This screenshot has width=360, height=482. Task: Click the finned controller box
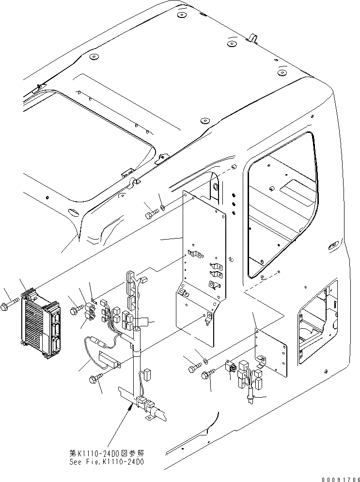coord(41,323)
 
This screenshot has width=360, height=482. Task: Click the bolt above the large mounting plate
coord(152,212)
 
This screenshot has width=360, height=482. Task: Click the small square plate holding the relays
coord(271,354)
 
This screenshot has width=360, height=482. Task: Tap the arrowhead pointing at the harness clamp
coord(129,409)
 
